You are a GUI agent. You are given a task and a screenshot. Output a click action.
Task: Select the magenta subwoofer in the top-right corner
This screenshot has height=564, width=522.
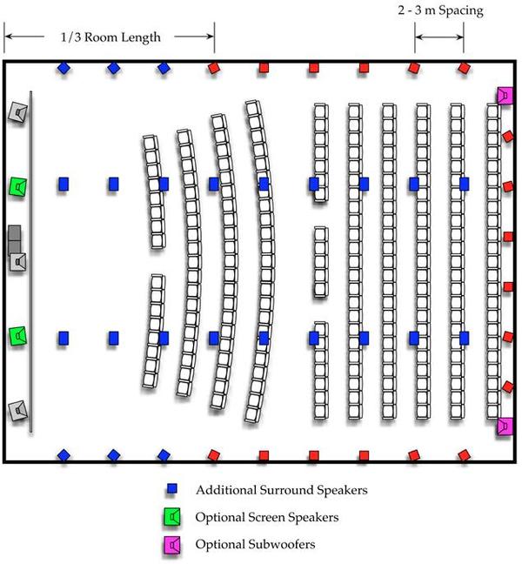click(x=504, y=96)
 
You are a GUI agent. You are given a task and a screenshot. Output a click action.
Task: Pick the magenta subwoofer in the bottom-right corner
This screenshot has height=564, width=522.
click(x=504, y=426)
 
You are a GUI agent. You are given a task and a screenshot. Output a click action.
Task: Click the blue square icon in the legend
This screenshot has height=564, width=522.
click(x=172, y=489)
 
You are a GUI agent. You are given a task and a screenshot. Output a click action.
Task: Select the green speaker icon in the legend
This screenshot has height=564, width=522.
click(x=174, y=517)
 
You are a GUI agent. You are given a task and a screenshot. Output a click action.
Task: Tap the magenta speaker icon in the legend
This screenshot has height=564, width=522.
click(x=174, y=545)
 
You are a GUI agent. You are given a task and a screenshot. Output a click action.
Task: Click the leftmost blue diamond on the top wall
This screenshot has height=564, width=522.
click(x=63, y=68)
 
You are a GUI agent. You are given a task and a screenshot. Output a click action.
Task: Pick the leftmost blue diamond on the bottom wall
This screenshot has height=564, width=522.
click(x=63, y=454)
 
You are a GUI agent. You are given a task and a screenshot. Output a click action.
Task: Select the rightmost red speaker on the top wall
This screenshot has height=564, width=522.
click(x=465, y=68)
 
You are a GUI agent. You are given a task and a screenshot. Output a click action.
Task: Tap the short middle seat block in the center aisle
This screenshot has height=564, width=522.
click(x=321, y=259)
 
